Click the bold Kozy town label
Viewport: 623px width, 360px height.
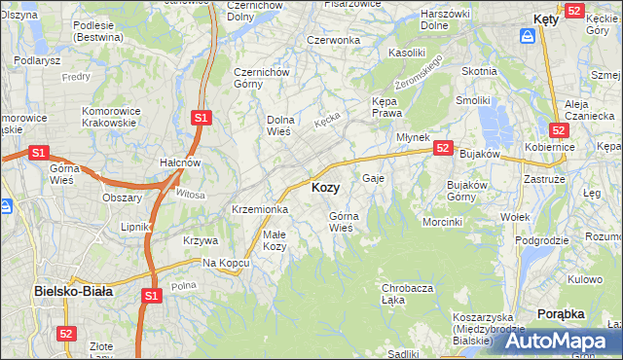[x=325, y=188]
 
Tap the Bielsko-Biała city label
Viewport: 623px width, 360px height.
[x=73, y=290]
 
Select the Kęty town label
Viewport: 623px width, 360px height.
[x=546, y=18]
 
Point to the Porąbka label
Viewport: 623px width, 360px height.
[x=561, y=313]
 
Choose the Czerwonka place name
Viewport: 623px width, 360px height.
[x=333, y=40]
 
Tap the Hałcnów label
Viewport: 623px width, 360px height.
[x=180, y=162]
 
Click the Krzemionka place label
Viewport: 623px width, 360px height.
[x=259, y=209]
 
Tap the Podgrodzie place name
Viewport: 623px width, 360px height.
[x=541, y=240]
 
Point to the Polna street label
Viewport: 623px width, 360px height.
[x=183, y=285]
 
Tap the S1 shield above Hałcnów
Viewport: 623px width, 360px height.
[x=201, y=118]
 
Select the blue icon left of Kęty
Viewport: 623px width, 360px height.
[x=527, y=35]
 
